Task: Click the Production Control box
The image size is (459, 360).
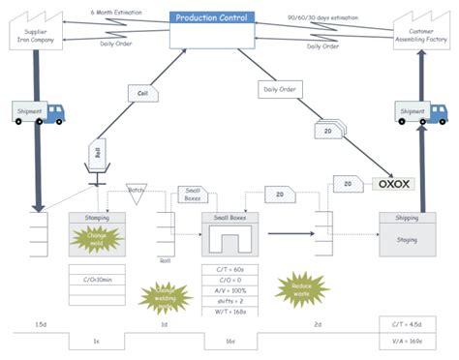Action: point(213,29)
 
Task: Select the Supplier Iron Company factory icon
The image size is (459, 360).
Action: point(36,33)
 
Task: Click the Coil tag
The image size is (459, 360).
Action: point(141,93)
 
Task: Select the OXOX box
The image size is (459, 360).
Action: point(393,182)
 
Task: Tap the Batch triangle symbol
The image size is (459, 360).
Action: point(136,194)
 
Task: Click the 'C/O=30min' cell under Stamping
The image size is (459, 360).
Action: point(98,281)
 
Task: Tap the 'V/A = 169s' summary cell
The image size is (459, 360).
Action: point(407,341)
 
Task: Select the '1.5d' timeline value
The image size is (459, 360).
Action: point(40,324)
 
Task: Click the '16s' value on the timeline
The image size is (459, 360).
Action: point(231,342)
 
